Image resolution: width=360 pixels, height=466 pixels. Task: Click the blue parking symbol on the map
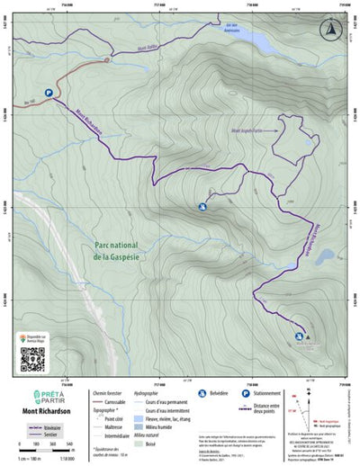(48, 92)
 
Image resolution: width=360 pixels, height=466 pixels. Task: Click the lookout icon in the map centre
(202, 207)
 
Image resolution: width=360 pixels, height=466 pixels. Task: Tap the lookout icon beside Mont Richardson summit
(298, 337)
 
